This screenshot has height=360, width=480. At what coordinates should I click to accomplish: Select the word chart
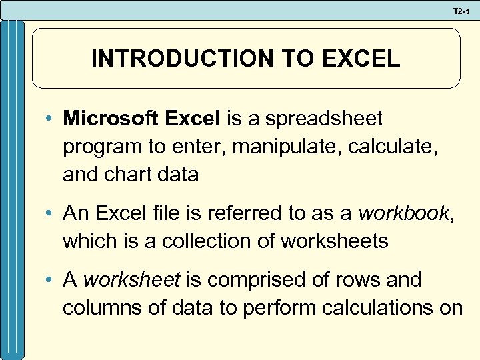131,174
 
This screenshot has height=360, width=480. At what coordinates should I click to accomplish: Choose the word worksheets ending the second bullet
334,240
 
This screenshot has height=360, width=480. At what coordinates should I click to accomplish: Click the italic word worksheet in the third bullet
131,279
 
